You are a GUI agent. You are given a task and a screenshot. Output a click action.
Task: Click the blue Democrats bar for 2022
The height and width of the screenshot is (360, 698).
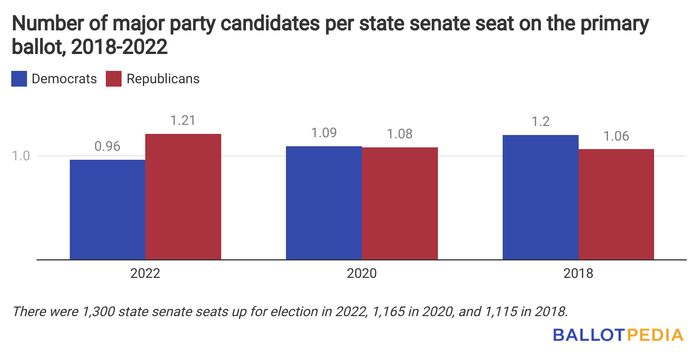pyautogui.click(x=108, y=209)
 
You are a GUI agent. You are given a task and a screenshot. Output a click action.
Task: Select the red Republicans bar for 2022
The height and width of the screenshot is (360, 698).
pyautogui.click(x=183, y=197)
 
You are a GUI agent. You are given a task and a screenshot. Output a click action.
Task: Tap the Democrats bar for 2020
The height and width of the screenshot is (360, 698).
pyautogui.click(x=324, y=202)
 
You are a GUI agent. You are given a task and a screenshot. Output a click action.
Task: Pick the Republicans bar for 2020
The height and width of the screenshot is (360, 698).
pyautogui.click(x=400, y=203)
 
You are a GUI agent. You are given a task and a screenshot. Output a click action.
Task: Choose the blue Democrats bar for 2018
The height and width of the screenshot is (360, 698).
pyautogui.click(x=540, y=197)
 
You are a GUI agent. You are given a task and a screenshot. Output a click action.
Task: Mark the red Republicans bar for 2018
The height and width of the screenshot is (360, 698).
pyautogui.click(x=616, y=204)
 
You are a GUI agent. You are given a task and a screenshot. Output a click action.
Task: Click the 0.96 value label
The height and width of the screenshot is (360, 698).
pyautogui.click(x=108, y=147)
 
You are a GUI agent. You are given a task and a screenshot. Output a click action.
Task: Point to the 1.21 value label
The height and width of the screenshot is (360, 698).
pyautogui.click(x=183, y=120)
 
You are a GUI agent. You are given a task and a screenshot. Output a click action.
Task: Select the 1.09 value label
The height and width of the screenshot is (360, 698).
pyautogui.click(x=324, y=133)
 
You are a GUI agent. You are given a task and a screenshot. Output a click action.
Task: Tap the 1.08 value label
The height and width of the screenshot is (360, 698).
pyautogui.click(x=400, y=134)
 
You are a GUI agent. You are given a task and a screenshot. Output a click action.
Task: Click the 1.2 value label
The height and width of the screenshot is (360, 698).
pyautogui.click(x=540, y=121)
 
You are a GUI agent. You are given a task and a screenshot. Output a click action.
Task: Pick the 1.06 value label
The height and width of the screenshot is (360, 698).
pyautogui.click(x=616, y=136)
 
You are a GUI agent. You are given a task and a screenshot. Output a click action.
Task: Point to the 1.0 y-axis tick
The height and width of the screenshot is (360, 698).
pyautogui.click(x=21, y=156)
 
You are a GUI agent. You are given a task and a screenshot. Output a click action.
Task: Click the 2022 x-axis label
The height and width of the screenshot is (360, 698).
pyautogui.click(x=145, y=274)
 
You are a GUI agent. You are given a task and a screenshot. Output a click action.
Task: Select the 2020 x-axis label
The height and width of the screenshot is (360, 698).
pyautogui.click(x=362, y=274)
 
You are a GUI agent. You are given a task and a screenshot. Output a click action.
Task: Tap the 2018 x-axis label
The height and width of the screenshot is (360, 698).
pyautogui.click(x=578, y=274)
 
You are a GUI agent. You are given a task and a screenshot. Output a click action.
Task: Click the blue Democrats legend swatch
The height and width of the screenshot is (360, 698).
pyautogui.click(x=19, y=79)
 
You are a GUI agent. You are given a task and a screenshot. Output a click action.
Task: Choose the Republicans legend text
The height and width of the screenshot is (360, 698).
pyautogui.click(x=163, y=79)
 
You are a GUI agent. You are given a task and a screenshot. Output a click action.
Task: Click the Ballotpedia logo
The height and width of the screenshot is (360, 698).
pyautogui.click(x=618, y=335)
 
